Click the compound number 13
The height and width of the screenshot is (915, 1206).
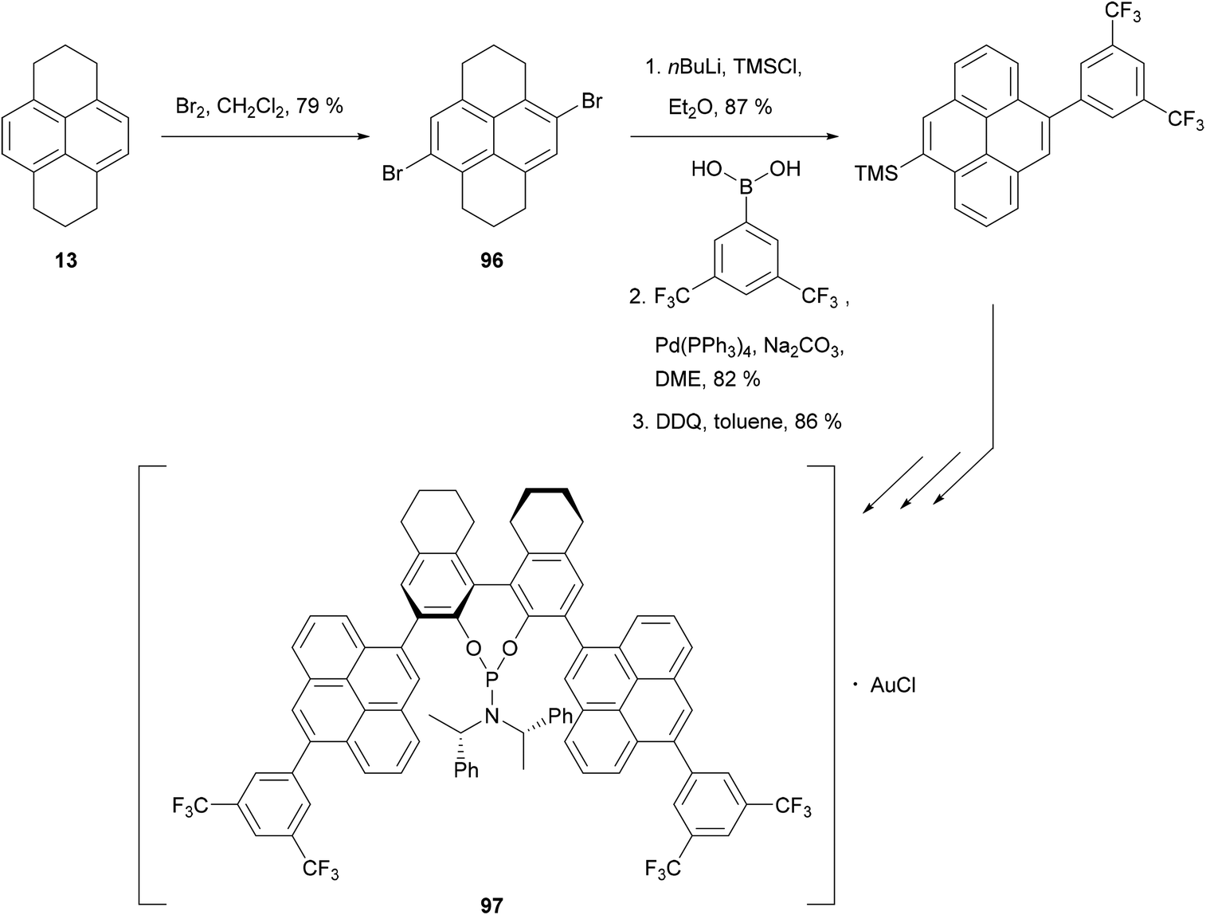pos(66,260)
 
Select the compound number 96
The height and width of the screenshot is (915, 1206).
pos(491,260)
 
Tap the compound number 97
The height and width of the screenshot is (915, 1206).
pos(491,904)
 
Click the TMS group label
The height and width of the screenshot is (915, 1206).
pos(876,173)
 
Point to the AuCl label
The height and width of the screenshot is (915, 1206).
pos(892,685)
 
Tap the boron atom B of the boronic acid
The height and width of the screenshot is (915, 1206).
pos(746,189)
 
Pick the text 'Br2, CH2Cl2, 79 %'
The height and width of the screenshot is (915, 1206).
pos(259,105)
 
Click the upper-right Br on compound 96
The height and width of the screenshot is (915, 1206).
pos(591,102)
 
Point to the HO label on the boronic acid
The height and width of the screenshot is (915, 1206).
pos(706,170)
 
